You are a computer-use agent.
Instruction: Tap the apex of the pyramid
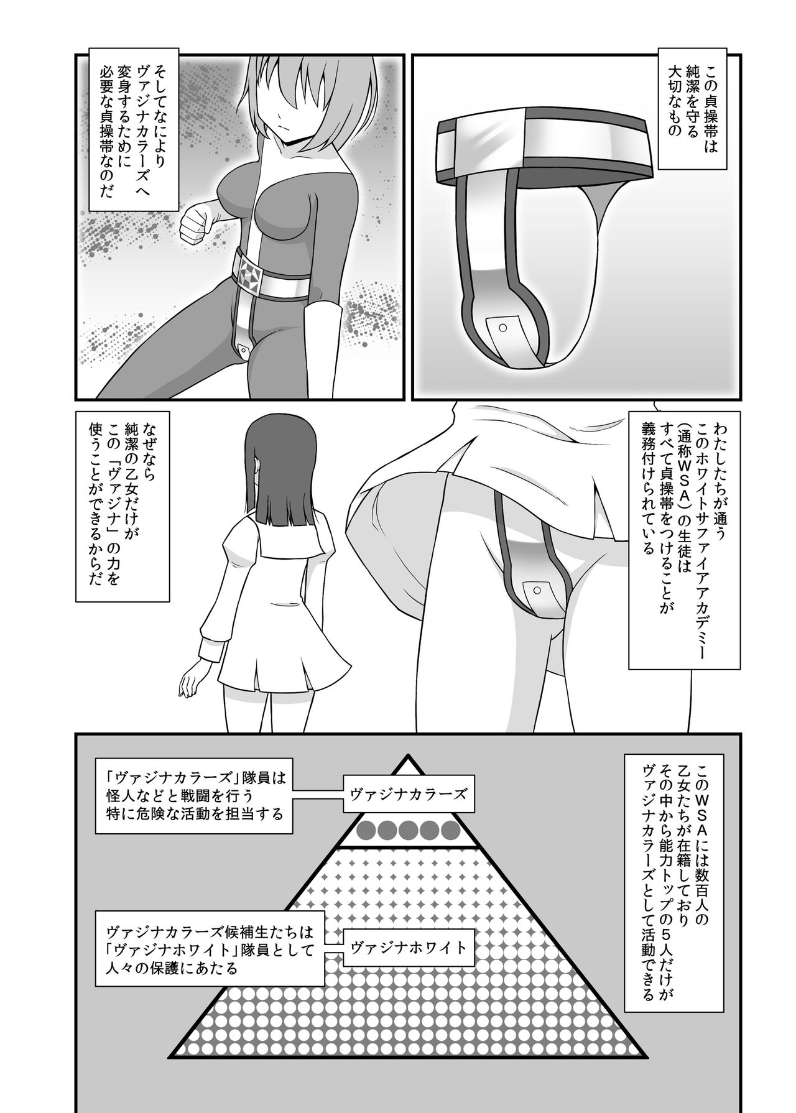408,757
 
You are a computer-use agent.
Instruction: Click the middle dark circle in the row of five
408,829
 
